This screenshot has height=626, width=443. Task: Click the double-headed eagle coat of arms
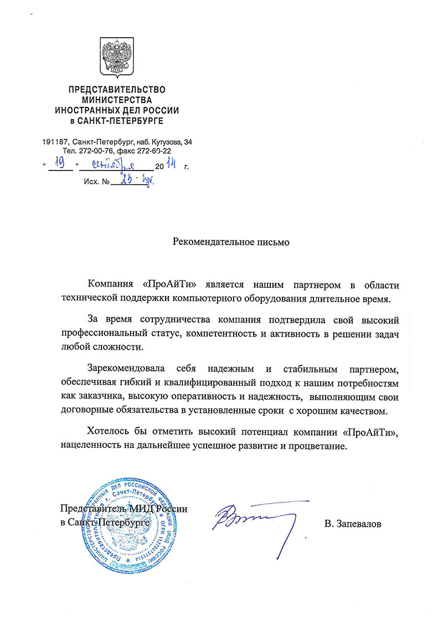(117, 56)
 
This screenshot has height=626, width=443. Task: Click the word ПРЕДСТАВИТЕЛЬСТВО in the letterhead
(117, 90)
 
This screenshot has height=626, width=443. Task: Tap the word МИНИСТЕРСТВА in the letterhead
(116, 100)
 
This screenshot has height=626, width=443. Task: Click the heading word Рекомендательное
(210, 241)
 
